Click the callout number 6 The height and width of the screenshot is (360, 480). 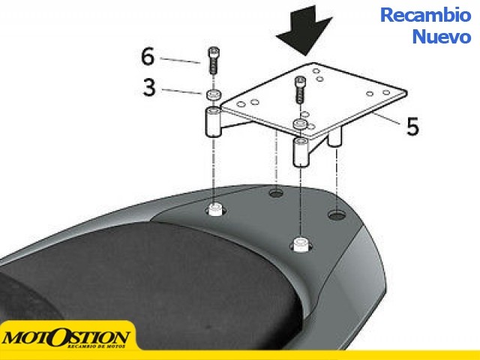click(x=148, y=57)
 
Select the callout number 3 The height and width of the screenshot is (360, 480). click(x=149, y=88)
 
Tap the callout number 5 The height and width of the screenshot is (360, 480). click(x=412, y=126)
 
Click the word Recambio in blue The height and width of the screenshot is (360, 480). click(x=425, y=15)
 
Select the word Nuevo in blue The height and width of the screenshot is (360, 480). click(x=442, y=37)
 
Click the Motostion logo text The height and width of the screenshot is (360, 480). click(x=65, y=338)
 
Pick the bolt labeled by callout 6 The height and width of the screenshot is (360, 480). click(x=213, y=60)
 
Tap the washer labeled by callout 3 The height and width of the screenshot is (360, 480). click(x=213, y=94)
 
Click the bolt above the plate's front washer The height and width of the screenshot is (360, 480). click(x=300, y=89)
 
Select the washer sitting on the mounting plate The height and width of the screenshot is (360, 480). click(x=300, y=124)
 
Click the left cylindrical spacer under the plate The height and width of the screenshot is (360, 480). click(x=213, y=121)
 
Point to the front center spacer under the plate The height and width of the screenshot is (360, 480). click(x=301, y=152)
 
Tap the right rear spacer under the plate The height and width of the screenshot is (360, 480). click(x=335, y=137)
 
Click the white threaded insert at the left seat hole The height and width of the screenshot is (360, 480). click(x=216, y=209)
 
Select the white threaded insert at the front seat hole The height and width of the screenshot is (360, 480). click(x=301, y=244)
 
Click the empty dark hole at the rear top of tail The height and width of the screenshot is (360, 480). click(x=276, y=193)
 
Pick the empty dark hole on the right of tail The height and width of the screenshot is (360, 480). click(x=337, y=215)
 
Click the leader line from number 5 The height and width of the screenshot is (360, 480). click(x=386, y=118)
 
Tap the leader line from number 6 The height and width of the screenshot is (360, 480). click(x=180, y=60)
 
